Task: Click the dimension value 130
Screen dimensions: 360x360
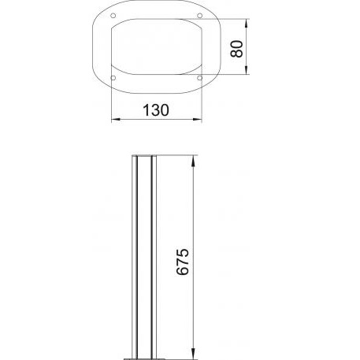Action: (x=156, y=110)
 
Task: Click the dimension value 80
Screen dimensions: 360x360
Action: (x=237, y=49)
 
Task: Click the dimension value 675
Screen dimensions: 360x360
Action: (x=183, y=262)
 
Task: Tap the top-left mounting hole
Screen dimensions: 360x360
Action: (x=113, y=16)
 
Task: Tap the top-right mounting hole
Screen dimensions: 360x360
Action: (x=200, y=16)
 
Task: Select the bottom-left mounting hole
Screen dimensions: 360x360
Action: (x=113, y=78)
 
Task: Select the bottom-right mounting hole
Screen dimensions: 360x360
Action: (x=200, y=78)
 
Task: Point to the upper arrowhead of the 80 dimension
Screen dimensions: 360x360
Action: (x=246, y=24)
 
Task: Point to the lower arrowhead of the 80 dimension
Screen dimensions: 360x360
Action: (x=246, y=70)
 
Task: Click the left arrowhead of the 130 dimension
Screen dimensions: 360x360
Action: (x=116, y=120)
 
